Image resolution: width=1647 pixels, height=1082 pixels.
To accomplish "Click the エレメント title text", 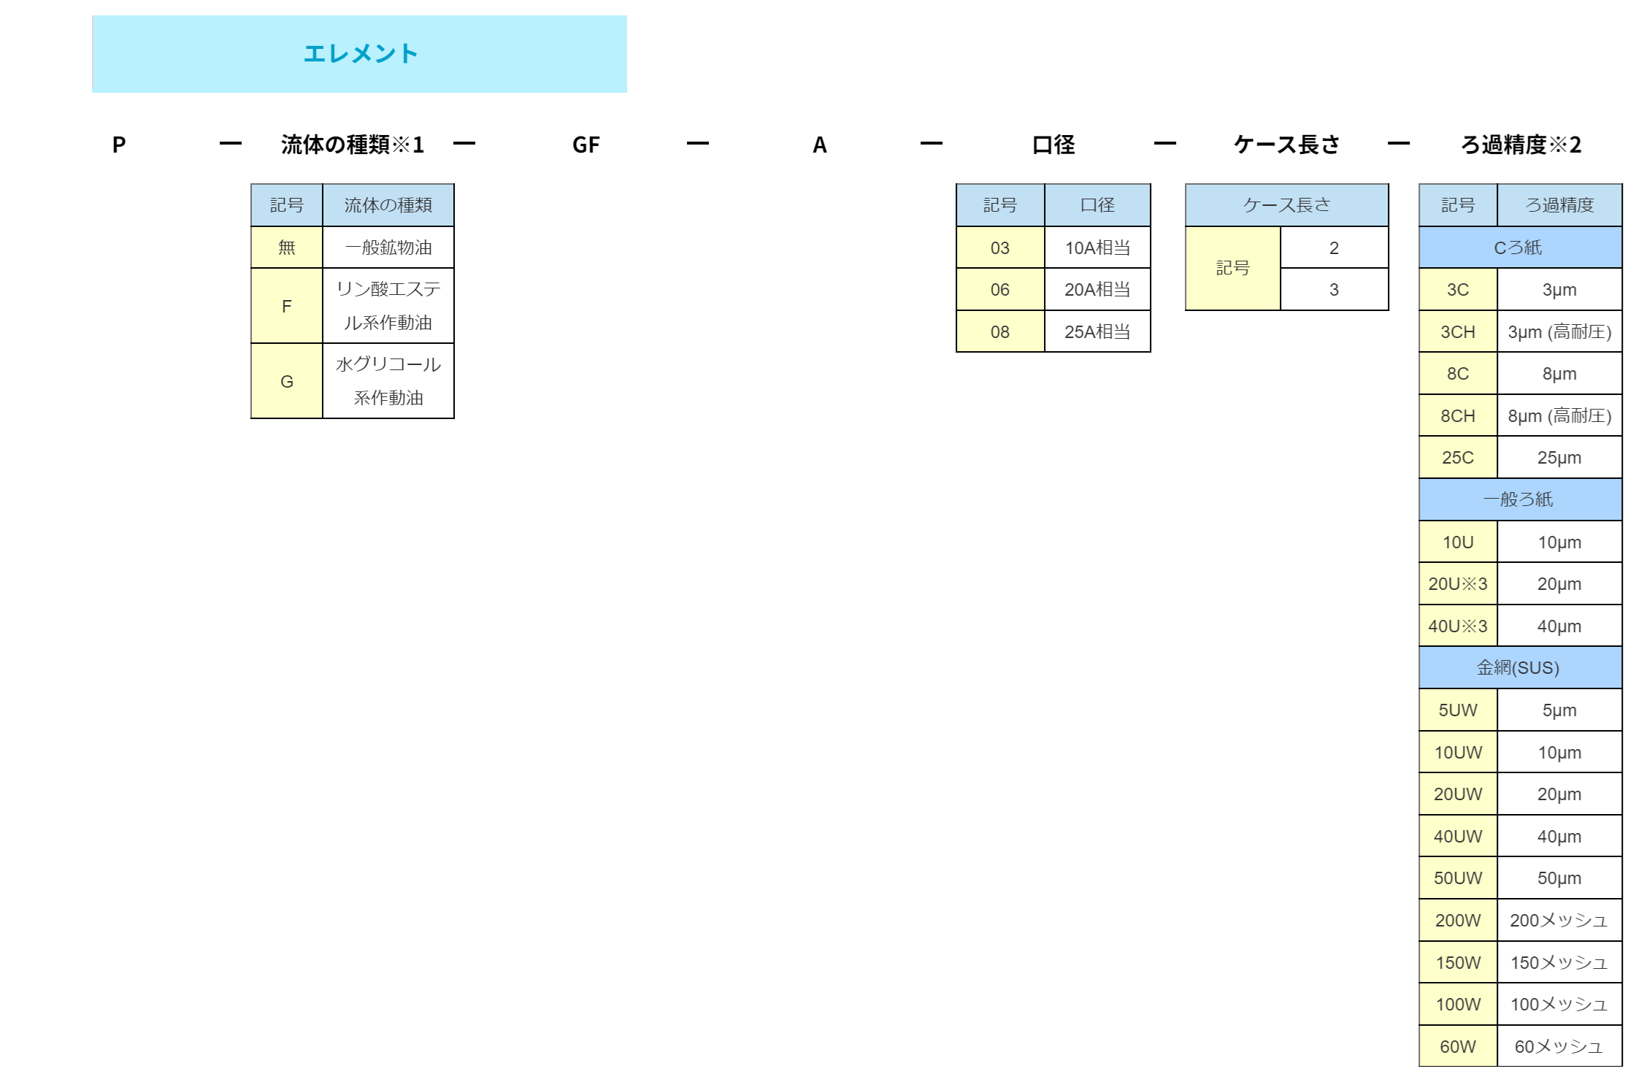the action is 361,53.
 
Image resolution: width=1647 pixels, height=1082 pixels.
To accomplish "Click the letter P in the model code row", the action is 119,145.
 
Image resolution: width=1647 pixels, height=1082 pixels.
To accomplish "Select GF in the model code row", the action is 586,145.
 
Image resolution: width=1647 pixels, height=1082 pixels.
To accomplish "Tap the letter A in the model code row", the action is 820,145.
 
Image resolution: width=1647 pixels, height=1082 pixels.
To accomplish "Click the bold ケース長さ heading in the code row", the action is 1287,145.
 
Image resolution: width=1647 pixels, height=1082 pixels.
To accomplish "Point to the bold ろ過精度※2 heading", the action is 1521,145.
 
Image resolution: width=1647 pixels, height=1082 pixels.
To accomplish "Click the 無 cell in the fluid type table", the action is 287,248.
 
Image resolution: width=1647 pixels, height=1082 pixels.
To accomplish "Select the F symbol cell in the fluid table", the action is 287,306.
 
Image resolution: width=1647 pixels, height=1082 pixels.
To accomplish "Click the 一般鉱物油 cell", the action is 388,248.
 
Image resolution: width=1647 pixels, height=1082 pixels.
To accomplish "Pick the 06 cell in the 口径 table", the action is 1000,290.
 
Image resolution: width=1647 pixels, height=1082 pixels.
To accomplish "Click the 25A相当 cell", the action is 1097,332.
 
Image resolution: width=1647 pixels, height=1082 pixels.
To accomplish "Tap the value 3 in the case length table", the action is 1334,290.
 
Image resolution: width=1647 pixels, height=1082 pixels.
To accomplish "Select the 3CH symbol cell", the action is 1458,332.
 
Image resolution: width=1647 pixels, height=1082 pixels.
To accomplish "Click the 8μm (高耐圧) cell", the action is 1559,416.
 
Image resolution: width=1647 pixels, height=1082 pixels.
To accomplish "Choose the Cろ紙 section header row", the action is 1521,248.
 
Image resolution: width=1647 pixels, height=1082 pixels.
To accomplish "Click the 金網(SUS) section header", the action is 1521,667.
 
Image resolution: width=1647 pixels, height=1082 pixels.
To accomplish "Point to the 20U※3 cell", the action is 1458,584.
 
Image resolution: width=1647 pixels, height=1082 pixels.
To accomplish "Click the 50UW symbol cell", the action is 1458,878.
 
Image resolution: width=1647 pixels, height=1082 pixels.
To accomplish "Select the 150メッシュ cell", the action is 1559,962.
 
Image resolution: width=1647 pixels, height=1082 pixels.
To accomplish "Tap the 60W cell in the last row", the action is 1458,1046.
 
